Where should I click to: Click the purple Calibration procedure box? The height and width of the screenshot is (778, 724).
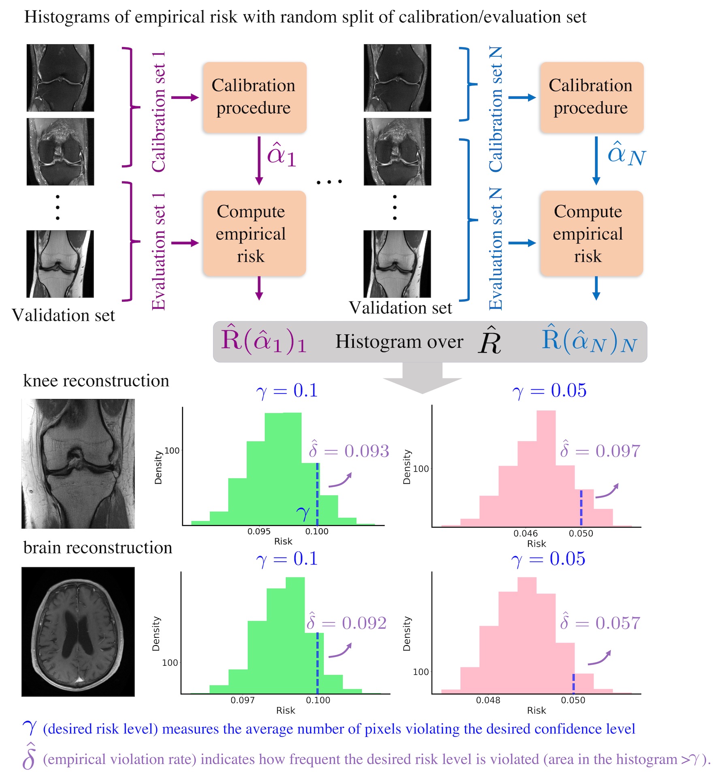254,97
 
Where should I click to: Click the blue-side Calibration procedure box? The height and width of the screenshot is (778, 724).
591,97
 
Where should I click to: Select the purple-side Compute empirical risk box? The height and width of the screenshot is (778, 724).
254,234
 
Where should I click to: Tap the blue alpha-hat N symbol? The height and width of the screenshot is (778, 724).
626,155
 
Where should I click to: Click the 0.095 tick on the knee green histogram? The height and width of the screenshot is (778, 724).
259,531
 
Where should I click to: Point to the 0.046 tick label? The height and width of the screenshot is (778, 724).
526,533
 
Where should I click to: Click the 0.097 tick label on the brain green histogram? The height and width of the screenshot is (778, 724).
243,700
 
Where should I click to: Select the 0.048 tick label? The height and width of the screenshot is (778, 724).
488,700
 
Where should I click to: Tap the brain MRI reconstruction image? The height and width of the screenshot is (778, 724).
78,631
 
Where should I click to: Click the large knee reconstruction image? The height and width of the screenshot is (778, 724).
78,464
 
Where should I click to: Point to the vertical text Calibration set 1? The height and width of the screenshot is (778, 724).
158,112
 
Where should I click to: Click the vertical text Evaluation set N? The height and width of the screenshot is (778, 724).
496,249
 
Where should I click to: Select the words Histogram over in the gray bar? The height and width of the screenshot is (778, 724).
399,342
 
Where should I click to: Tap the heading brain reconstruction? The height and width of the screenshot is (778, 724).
98,547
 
